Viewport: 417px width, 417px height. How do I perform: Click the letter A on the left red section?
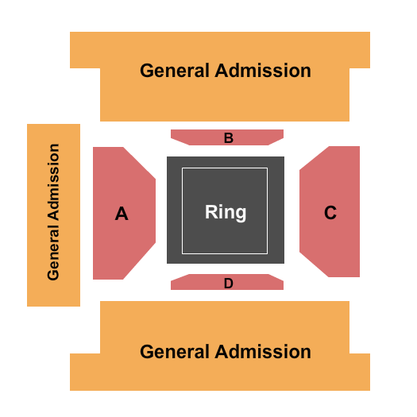coord(122,214)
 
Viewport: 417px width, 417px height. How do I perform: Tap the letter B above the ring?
coord(229,138)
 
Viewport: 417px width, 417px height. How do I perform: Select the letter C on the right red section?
coord(330,213)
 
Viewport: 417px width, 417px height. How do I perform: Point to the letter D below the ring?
coord(229,284)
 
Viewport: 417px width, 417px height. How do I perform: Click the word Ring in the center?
coord(226,213)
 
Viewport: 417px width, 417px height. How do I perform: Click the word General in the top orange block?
coord(175,71)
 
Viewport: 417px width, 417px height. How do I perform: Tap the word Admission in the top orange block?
coord(263,71)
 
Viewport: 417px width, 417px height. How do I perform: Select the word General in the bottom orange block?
coord(175,352)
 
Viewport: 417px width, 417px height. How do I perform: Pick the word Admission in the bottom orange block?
coord(263,352)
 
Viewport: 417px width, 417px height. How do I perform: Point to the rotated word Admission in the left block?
coord(53,182)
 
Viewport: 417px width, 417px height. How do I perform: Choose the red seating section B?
coord(227,137)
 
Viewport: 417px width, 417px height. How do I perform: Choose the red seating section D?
coord(227,282)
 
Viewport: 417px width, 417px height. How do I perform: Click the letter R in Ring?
coord(211,212)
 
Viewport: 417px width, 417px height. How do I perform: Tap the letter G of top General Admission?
coord(147,71)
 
